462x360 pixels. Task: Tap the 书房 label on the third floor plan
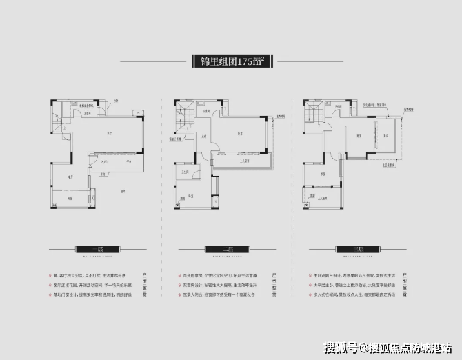click(360, 136)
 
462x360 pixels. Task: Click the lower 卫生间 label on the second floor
click(186, 170)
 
